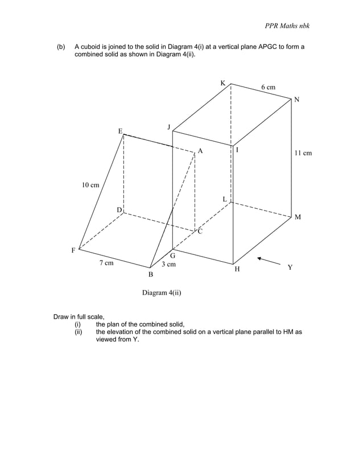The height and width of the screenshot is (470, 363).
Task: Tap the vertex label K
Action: (223, 84)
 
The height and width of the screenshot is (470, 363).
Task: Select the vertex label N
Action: (296, 100)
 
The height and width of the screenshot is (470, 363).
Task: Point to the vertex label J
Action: (168, 126)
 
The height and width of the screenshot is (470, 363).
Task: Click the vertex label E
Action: (120, 131)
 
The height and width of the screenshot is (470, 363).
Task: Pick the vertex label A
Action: (200, 151)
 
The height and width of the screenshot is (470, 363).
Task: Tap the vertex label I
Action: (237, 150)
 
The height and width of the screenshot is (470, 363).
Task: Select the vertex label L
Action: (225, 199)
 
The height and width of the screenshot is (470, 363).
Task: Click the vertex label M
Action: (298, 217)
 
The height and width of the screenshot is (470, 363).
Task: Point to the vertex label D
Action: (119, 210)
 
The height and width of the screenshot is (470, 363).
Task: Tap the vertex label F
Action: (73, 250)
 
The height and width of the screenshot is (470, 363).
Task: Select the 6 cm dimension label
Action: (268, 87)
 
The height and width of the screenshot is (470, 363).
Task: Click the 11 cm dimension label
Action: (303, 153)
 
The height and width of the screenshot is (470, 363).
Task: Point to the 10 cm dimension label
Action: (90, 185)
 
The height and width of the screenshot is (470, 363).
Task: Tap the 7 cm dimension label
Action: (106, 263)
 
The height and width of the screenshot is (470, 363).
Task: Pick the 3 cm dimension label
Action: (168, 265)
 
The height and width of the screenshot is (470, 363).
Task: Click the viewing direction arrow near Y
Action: (268, 261)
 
